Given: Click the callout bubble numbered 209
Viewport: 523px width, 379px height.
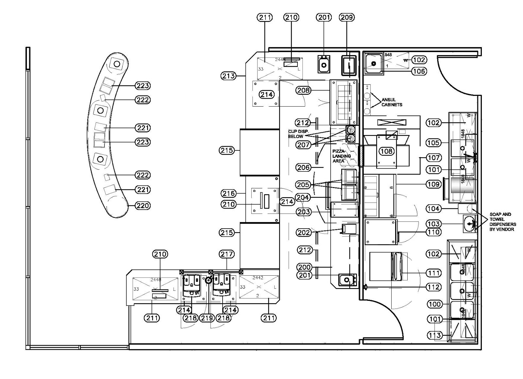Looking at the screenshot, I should click(x=347, y=17).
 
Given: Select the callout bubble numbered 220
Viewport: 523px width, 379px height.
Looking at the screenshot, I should click(x=143, y=206).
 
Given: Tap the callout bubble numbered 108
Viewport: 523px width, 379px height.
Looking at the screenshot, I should click(x=387, y=151).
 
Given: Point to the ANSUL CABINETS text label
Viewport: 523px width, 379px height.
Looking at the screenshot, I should click(x=392, y=102).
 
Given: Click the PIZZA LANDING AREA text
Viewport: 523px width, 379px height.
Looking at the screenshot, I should click(x=341, y=156).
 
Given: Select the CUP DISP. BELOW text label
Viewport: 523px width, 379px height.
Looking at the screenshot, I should click(x=296, y=134).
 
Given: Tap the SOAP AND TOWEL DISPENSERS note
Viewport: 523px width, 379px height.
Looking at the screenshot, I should click(x=503, y=222).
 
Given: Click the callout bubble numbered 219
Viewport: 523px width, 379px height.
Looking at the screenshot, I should click(x=207, y=318).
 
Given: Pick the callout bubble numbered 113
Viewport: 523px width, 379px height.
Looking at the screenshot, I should click(x=435, y=335).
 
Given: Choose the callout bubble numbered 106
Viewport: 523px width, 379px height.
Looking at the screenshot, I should click(x=419, y=71).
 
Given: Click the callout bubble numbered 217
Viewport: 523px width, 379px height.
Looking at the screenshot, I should click(x=227, y=254).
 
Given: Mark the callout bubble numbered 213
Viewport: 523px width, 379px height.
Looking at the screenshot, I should click(x=228, y=76).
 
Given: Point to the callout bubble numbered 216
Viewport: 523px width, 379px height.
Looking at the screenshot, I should click(x=228, y=193).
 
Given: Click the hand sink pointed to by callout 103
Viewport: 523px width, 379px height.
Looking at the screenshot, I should click(x=470, y=224).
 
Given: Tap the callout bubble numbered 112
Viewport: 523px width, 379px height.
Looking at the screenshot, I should click(x=433, y=287).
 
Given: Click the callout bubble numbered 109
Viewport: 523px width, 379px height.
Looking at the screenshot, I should click(x=433, y=184).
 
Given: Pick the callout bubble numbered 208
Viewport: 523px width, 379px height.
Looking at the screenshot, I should click(x=304, y=90).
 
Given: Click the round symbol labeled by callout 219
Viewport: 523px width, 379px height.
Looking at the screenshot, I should click(x=209, y=280).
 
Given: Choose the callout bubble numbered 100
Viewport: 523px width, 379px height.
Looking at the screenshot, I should click(x=435, y=304).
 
